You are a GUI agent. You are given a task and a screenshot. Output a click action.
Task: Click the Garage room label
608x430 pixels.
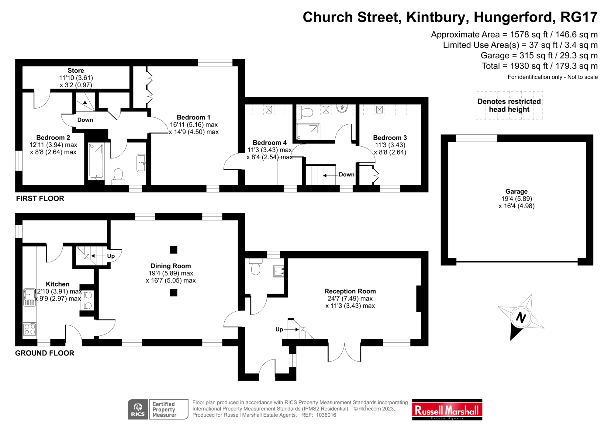tap(516, 192)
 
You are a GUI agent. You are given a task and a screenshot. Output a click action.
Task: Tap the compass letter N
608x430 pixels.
tap(521, 318)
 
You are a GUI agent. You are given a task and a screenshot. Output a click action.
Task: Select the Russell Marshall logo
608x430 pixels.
tap(447, 411)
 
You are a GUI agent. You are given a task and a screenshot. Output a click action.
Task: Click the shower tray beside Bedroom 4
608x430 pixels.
tap(308, 131)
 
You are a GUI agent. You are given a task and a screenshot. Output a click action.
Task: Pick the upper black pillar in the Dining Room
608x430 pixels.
tap(173, 250)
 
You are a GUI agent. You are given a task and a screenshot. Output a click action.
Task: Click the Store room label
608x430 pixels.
tap(76, 71)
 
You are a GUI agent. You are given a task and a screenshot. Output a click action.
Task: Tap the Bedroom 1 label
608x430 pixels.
tap(193, 117)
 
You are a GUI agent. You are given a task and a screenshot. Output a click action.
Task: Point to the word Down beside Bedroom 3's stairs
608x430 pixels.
tap(347, 175)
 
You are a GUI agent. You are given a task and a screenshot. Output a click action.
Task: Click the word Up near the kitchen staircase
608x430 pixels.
tap(111, 256)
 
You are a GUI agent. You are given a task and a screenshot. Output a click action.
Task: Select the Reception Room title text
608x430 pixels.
tap(350, 291)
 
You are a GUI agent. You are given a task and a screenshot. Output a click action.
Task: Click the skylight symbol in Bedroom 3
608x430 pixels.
tap(379, 109)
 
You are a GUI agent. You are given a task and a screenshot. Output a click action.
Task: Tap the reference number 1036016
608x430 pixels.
tap(326, 415)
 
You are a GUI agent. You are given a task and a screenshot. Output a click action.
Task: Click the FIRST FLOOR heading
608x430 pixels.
tap(40, 199)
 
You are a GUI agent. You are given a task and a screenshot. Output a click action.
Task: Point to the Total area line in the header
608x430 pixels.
tap(539, 66)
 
